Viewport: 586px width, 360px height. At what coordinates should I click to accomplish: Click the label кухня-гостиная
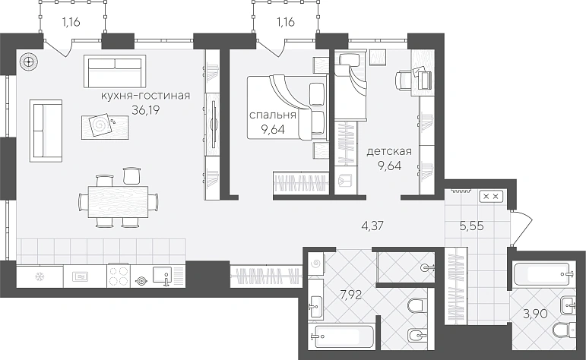(146, 96)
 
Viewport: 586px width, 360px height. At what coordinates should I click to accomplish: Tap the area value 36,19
(146, 111)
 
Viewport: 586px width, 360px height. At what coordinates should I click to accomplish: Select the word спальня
(273, 115)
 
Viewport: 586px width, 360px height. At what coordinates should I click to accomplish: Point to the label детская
(389, 152)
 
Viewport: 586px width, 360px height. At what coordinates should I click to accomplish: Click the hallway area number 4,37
(372, 226)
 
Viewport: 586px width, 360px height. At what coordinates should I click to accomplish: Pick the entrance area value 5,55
(472, 226)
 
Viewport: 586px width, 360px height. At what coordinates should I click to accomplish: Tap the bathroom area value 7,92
(351, 295)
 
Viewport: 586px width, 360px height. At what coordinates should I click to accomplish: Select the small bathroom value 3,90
(536, 314)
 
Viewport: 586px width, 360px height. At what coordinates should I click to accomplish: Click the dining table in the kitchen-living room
(118, 202)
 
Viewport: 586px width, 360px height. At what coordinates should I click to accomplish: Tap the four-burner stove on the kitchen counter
(119, 276)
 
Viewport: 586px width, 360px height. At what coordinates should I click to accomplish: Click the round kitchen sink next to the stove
(141, 281)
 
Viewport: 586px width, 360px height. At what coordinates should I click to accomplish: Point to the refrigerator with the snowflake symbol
(40, 276)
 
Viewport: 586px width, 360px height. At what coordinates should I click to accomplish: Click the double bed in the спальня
(286, 107)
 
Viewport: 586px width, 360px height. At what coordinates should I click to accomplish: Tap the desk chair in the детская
(404, 81)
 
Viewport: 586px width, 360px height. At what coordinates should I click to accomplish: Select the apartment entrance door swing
(521, 228)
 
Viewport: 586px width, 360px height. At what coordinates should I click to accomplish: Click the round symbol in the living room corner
(28, 62)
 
